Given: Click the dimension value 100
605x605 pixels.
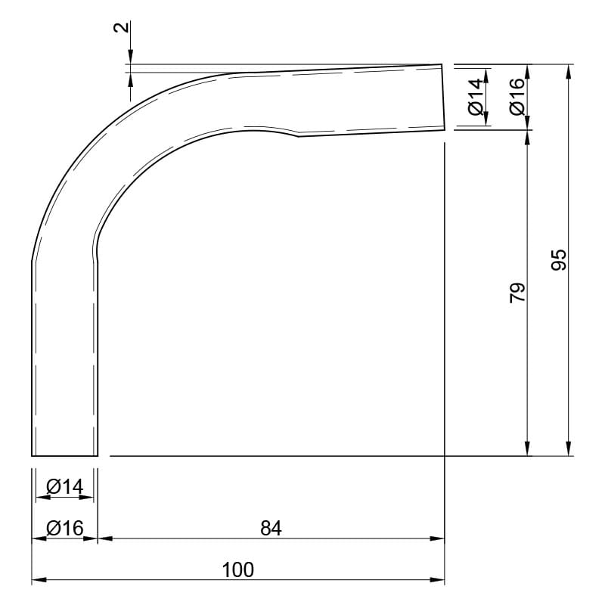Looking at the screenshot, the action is tap(238, 570).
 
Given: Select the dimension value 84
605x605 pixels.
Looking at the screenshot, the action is tap(271, 528).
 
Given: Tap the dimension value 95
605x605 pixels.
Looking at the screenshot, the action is tap(558, 259).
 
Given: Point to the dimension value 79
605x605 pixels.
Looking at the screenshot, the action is tap(517, 293).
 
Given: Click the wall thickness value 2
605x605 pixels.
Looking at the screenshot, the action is tap(122, 27).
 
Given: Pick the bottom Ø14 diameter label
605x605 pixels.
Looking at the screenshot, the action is tap(65, 486).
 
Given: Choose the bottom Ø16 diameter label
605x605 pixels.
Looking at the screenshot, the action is tap(65, 528).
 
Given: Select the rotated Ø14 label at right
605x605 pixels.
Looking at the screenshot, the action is tap(476, 97).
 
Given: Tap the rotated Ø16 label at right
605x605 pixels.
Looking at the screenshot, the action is tap(517, 97).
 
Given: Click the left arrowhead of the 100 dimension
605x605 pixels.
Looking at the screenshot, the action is tap(39, 579).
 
